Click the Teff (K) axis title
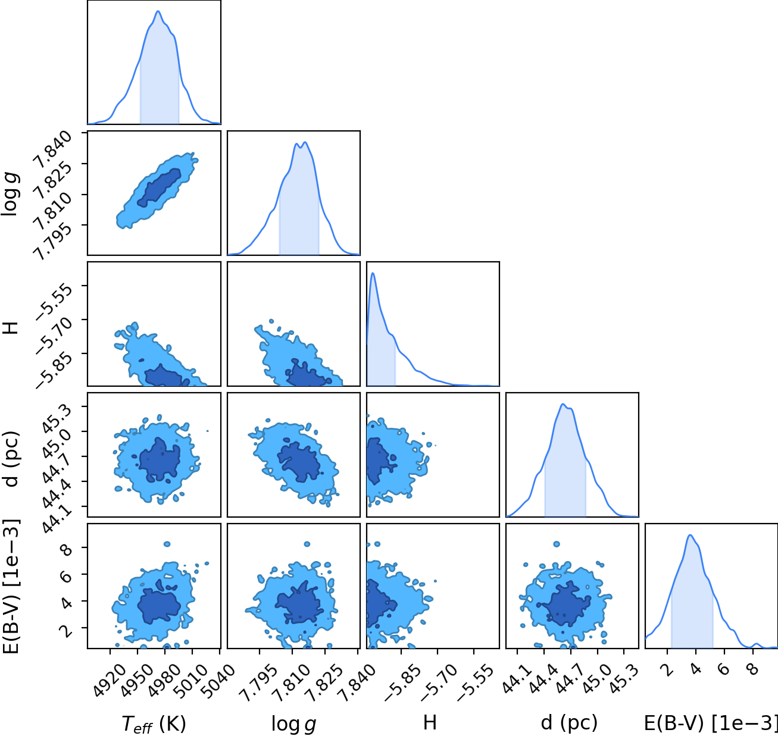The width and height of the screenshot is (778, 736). [154, 724]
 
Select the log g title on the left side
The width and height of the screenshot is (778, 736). [11, 193]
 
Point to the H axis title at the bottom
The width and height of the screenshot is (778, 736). [430, 722]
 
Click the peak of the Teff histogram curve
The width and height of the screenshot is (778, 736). [158, 11]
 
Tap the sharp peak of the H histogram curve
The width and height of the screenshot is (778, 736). [373, 273]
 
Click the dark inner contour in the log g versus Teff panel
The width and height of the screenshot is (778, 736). [159, 187]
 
